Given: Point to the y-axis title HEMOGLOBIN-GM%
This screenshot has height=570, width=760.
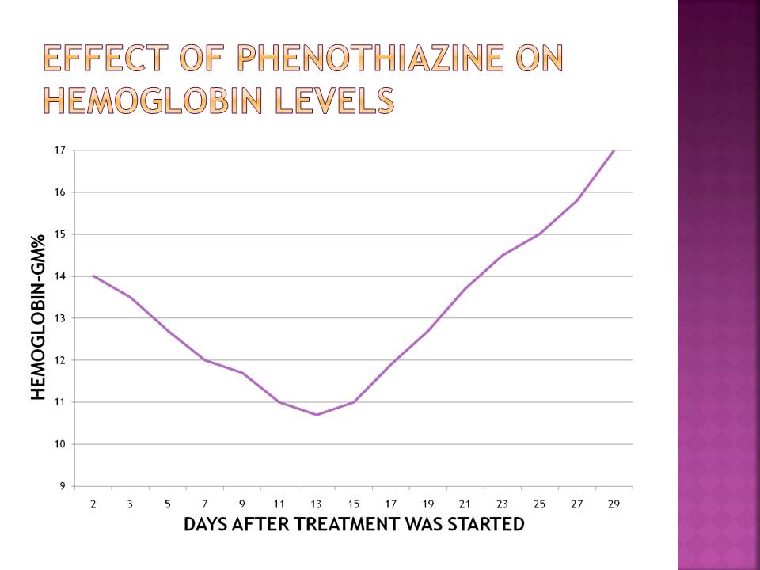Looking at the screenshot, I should click(x=38, y=317).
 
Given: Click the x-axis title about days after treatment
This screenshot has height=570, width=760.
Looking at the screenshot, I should click(x=354, y=524).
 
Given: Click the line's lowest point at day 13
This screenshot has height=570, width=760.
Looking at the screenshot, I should click(x=317, y=415).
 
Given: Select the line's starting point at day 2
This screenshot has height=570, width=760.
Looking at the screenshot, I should click(x=93, y=275).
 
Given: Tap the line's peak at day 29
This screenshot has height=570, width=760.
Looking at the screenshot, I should click(x=614, y=150).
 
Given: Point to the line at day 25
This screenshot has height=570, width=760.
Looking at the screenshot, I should click(x=540, y=234).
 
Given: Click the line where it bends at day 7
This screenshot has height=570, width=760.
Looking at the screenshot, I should click(x=205, y=360).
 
